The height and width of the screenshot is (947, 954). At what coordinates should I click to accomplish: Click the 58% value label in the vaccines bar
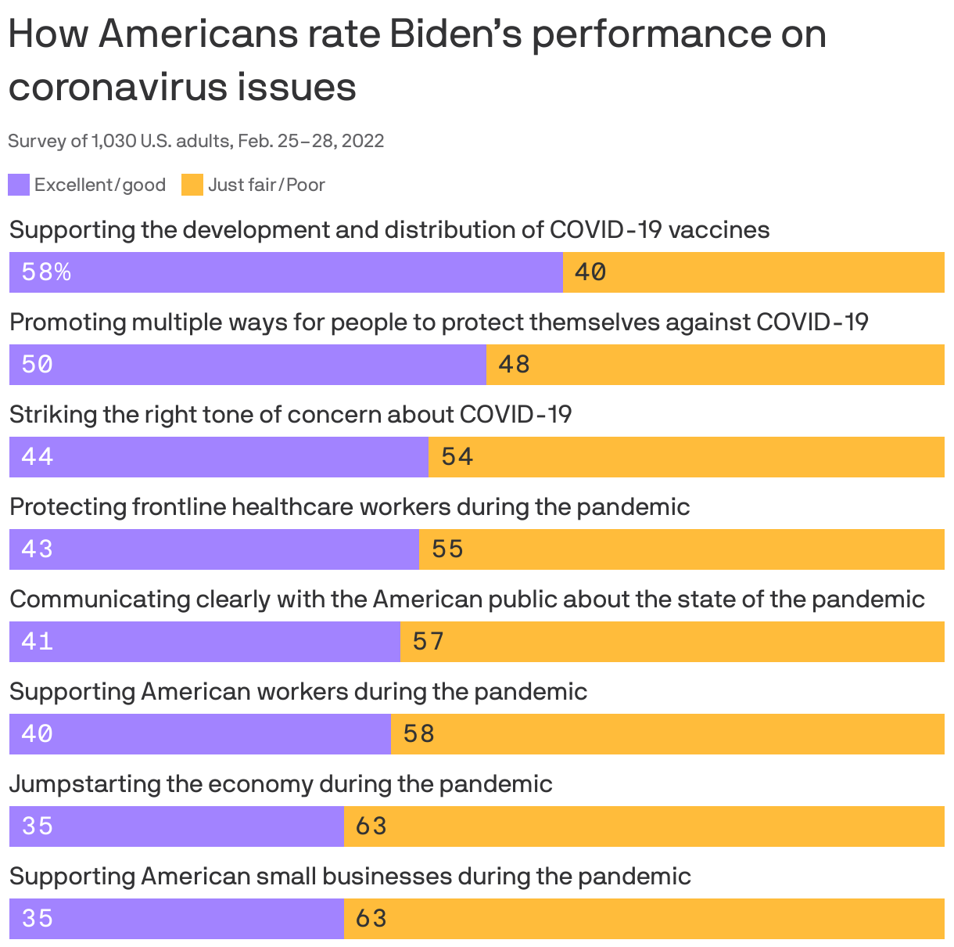point(46,272)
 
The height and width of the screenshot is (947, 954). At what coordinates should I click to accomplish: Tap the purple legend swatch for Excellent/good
point(19,185)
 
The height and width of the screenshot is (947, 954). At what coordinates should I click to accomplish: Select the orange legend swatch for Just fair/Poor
point(192,185)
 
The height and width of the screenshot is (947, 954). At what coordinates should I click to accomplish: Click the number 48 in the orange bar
point(514,364)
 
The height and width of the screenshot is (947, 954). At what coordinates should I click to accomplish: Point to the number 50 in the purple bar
point(38,364)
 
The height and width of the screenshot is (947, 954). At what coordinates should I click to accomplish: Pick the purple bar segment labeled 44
point(219,456)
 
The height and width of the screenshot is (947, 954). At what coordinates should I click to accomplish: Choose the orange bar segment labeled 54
point(687,456)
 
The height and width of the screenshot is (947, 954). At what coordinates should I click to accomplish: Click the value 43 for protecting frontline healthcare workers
point(38,549)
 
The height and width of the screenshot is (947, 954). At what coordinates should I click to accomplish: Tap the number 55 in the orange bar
point(448,549)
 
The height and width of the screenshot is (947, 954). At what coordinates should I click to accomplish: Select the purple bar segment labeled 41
point(205,641)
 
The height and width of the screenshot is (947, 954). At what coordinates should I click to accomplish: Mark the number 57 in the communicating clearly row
point(429,641)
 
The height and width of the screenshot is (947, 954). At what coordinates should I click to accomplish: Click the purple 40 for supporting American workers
point(38,733)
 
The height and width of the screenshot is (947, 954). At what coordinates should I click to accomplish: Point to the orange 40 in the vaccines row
point(590,272)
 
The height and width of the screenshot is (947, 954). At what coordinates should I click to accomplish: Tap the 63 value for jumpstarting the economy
point(371,826)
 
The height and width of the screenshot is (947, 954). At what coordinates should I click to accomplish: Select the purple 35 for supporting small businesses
point(38,918)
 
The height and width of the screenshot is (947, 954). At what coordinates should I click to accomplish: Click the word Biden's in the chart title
point(454,35)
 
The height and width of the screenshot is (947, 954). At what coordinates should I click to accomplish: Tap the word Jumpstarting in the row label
point(85,784)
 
